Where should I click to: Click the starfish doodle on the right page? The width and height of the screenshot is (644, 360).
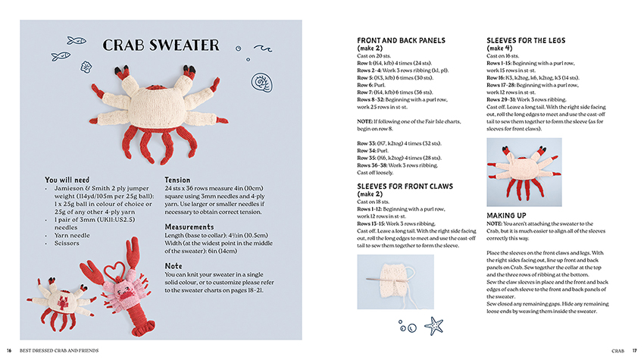[434, 326]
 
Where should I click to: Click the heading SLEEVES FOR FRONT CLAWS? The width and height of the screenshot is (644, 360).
[405, 185]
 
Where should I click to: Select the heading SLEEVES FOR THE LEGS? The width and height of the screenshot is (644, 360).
[526, 41]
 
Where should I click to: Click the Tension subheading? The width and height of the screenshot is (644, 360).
[177, 180]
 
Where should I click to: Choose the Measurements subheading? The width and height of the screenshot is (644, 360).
[189, 227]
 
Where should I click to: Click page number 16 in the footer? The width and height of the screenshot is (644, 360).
[9, 350]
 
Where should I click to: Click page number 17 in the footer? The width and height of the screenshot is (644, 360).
[635, 350]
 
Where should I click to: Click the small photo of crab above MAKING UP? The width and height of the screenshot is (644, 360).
[524, 171]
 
